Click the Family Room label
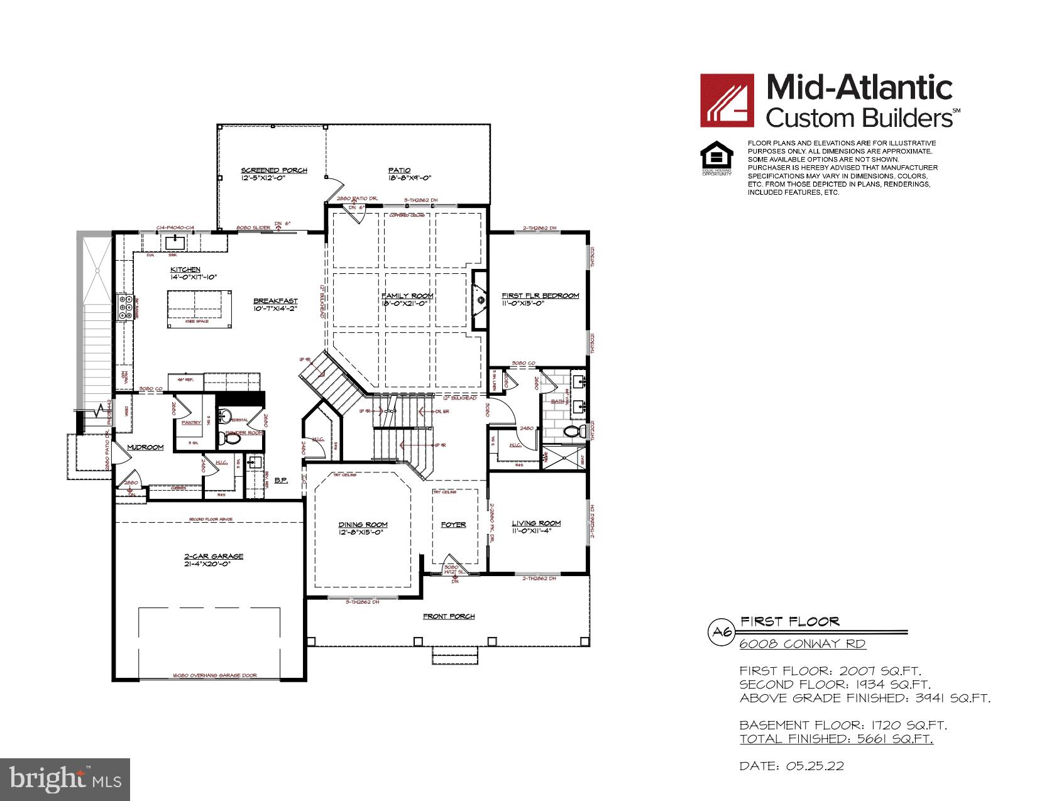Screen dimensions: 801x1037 pyautogui.click(x=407, y=296)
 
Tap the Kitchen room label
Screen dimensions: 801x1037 pyautogui.click(x=185, y=270)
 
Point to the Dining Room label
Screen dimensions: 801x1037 pyautogui.click(x=363, y=525)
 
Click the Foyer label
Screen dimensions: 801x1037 pyautogui.click(x=453, y=525)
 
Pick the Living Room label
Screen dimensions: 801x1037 pyautogui.click(x=536, y=523)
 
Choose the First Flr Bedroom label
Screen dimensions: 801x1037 pyautogui.click(x=540, y=295)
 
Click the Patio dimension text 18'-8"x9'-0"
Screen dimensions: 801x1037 pyautogui.click(x=410, y=178)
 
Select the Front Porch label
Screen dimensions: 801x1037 pyautogui.click(x=448, y=616)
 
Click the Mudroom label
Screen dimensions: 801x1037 pyautogui.click(x=145, y=447)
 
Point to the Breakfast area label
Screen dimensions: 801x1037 pyautogui.click(x=275, y=301)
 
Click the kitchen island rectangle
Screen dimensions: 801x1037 pyautogui.click(x=199, y=308)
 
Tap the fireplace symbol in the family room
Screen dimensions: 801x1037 pyautogui.click(x=480, y=300)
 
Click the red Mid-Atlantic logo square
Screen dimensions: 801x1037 pyautogui.click(x=727, y=101)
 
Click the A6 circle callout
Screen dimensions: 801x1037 pyautogui.click(x=721, y=632)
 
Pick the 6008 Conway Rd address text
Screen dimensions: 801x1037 pyautogui.click(x=802, y=644)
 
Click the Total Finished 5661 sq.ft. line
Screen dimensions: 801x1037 pyautogui.click(x=836, y=739)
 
